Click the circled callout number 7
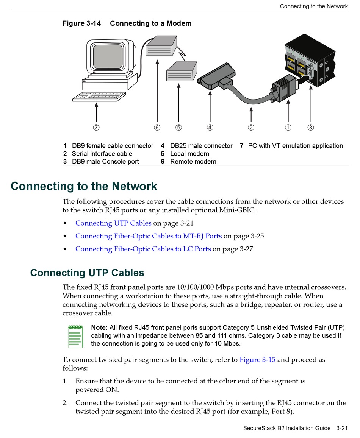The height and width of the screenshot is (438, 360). pos(96,128)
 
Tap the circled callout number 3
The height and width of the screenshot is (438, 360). pos(311,128)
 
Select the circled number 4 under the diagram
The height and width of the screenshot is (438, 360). pos(210,128)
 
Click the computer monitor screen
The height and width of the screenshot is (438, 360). pos(108,57)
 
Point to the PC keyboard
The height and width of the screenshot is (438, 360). pos(99,97)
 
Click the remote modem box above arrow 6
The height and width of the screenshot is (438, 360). pos(161,46)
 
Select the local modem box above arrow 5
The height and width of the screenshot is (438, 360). pos(182,71)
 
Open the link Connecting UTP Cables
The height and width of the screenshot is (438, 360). pos(113,223)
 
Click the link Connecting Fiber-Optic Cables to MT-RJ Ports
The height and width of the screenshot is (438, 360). pos(149,236)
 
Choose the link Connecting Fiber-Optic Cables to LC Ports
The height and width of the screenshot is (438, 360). pos(143,249)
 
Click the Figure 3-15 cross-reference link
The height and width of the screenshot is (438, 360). pos(257,360)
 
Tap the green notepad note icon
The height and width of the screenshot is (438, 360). pos(75,337)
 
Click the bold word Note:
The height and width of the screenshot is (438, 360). pos(99,327)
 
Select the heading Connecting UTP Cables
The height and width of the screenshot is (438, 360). pos(87,273)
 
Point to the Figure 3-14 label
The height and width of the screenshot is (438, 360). pos(82,23)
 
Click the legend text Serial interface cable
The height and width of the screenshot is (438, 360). pos(102,154)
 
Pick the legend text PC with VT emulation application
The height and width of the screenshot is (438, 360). pos(295,146)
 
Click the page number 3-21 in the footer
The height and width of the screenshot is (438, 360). pos(342,428)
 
